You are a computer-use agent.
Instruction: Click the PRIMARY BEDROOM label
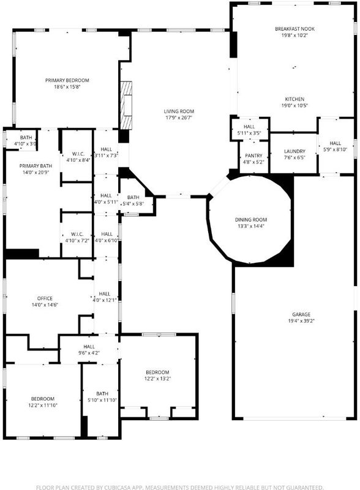pyautogui.click(x=67, y=80)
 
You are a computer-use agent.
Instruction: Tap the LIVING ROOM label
pyautogui.click(x=179, y=111)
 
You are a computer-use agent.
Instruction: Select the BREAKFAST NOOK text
pyautogui.click(x=294, y=29)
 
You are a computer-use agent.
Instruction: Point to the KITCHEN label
pyautogui.click(x=294, y=99)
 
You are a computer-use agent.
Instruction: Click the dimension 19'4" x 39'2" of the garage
pyautogui.click(x=301, y=321)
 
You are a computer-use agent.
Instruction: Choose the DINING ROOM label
pyautogui.click(x=251, y=220)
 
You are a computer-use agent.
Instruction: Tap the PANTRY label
pyautogui.click(x=253, y=156)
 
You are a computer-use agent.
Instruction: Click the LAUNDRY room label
pyautogui.click(x=294, y=151)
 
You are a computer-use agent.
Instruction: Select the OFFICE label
pyautogui.click(x=45, y=298)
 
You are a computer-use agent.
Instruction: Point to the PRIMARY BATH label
pyautogui.click(x=36, y=166)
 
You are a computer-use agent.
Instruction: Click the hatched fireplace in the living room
pyautogui.click(x=126, y=105)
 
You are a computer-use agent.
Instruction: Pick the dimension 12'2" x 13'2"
pyautogui.click(x=157, y=379)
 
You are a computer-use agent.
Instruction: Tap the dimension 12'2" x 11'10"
pyautogui.click(x=43, y=405)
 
